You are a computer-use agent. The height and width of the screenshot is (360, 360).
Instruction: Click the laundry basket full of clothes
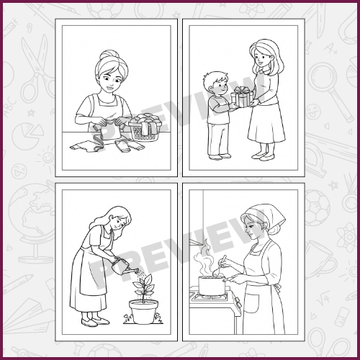[145, 127]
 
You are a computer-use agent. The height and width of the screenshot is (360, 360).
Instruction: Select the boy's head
[215, 84]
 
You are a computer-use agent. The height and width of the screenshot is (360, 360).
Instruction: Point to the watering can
[121, 266]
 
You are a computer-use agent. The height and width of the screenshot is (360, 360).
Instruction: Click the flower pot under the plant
[144, 311]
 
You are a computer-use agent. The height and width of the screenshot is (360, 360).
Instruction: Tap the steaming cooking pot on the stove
[212, 285]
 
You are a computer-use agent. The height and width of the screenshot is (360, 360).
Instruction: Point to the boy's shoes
[220, 157]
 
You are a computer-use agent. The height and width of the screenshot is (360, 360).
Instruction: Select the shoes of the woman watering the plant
[95, 322]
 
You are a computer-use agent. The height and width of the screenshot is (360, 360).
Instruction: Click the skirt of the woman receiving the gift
[266, 124]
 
